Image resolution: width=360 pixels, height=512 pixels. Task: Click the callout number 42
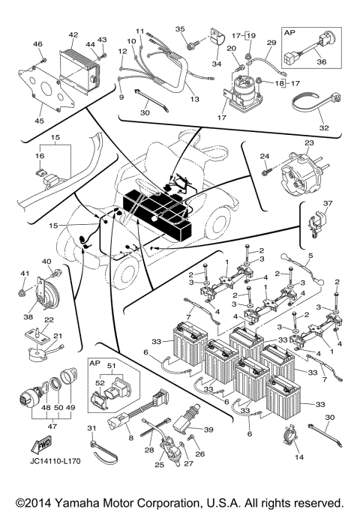click(73, 35)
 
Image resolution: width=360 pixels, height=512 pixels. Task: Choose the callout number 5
click(310, 256)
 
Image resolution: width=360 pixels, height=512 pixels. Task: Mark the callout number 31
click(92, 427)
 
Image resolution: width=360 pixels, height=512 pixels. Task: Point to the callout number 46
click(37, 45)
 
